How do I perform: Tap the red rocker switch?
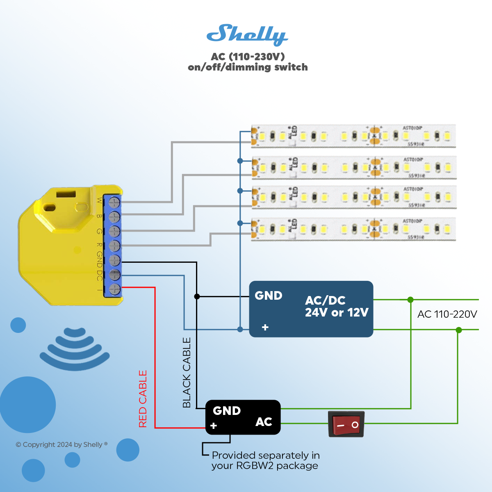tap(346, 424)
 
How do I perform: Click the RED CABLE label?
tap(143, 399)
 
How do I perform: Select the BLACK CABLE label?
tap(187, 372)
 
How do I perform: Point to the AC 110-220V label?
tap(447, 314)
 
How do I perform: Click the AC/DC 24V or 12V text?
tap(336, 306)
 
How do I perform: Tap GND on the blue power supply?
tap(269, 296)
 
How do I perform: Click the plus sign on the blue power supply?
tap(265, 327)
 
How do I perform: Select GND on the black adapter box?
tap(227, 411)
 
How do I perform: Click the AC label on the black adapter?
tap(264, 422)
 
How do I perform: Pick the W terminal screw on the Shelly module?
tap(114, 202)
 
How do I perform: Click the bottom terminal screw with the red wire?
tap(115, 289)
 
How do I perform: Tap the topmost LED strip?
tap(353, 136)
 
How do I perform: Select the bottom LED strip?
tap(353, 229)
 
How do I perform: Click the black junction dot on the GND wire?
tap(197, 296)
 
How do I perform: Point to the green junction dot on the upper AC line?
tap(410, 300)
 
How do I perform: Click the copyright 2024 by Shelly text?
tap(61, 444)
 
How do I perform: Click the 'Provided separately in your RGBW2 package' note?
tap(266, 460)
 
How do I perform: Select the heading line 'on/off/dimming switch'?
tap(248, 67)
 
